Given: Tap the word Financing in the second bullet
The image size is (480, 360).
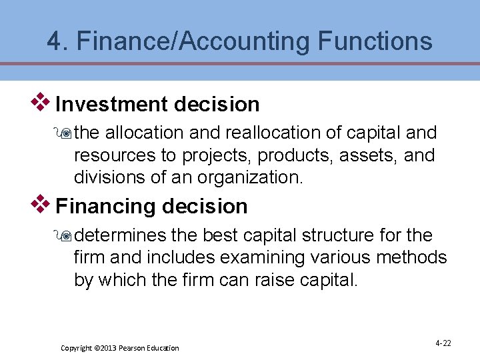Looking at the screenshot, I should coord(107,206).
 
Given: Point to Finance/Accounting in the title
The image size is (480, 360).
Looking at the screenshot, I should coord(193,41).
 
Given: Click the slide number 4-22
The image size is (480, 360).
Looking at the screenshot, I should coord(443,343).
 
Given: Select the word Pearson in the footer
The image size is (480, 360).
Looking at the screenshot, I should coord(135,348).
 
